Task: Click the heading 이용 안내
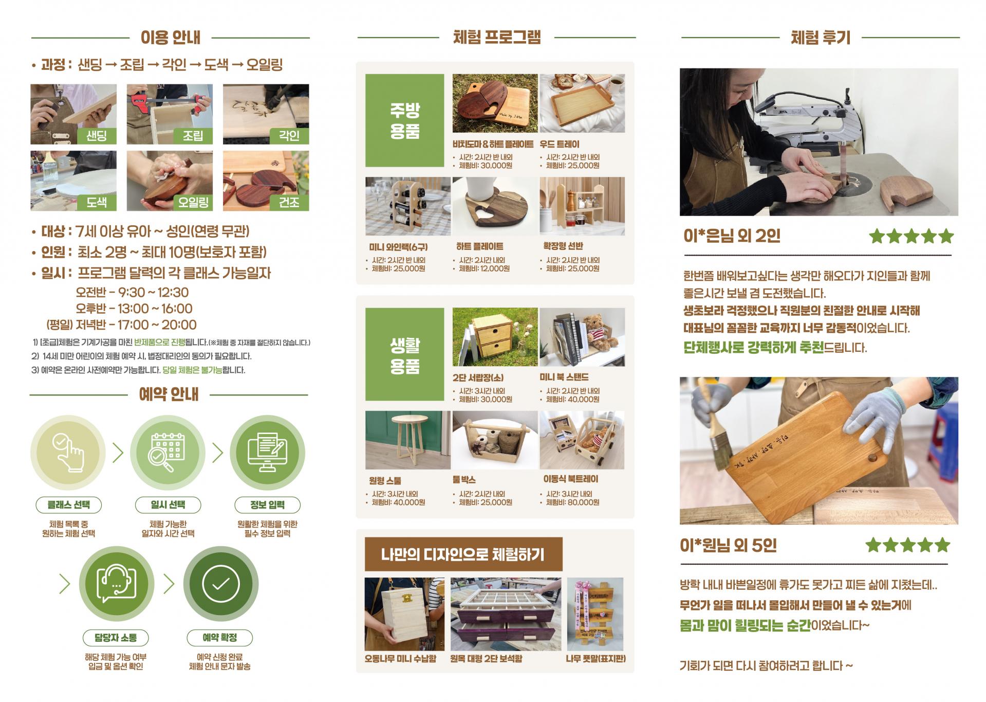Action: (170, 38)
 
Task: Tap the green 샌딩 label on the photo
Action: (97, 136)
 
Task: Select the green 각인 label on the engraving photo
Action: (289, 136)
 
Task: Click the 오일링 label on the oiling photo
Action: (193, 203)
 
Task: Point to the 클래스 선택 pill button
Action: (68, 505)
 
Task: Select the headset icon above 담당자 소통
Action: (117, 584)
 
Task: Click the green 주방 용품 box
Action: (405, 120)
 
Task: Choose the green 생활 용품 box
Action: (405, 354)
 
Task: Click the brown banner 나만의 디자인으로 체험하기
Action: (463, 554)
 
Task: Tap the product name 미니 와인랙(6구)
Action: (399, 247)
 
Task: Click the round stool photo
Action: (408, 440)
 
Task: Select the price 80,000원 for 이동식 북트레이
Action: (583, 502)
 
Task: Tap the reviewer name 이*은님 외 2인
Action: (732, 236)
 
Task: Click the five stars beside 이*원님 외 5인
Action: (908, 545)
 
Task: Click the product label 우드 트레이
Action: (560, 145)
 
